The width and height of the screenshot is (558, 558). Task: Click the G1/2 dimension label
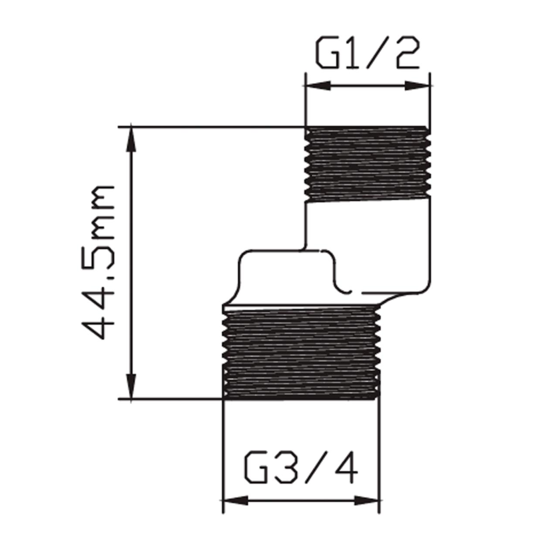click(367, 52)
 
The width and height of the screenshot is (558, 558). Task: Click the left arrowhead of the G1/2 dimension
click(318, 86)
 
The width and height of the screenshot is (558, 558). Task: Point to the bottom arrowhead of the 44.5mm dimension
click(131, 386)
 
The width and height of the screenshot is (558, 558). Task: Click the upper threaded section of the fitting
click(367, 164)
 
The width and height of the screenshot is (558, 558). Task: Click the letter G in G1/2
click(327, 52)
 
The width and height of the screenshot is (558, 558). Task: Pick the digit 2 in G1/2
click(408, 52)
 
